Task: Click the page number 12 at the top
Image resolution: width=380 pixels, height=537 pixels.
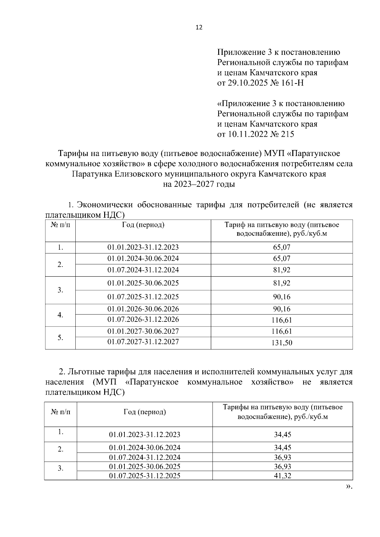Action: click(x=199, y=28)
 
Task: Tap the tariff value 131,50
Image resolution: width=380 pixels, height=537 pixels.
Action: click(x=282, y=343)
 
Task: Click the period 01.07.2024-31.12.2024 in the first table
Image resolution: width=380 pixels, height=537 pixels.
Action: click(x=143, y=270)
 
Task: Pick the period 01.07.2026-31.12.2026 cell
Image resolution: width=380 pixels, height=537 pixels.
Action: click(x=143, y=319)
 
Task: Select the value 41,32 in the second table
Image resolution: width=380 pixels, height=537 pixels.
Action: click(x=282, y=476)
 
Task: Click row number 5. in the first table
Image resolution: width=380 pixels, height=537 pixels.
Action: click(x=60, y=338)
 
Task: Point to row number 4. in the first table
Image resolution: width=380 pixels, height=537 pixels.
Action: click(x=60, y=315)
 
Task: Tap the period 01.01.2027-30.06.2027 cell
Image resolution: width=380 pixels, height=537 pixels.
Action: click(x=143, y=331)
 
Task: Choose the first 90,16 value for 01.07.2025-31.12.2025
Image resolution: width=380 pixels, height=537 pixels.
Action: click(x=282, y=297)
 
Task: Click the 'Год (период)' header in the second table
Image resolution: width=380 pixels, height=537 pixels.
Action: click(x=145, y=412)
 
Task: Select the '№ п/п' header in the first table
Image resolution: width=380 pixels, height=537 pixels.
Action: click(x=60, y=225)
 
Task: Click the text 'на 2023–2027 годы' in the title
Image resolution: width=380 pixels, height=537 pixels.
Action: click(x=199, y=184)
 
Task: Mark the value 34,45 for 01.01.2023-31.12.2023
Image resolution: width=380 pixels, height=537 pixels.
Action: click(x=282, y=434)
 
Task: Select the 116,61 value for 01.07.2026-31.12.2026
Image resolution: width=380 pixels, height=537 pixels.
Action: click(x=282, y=320)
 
